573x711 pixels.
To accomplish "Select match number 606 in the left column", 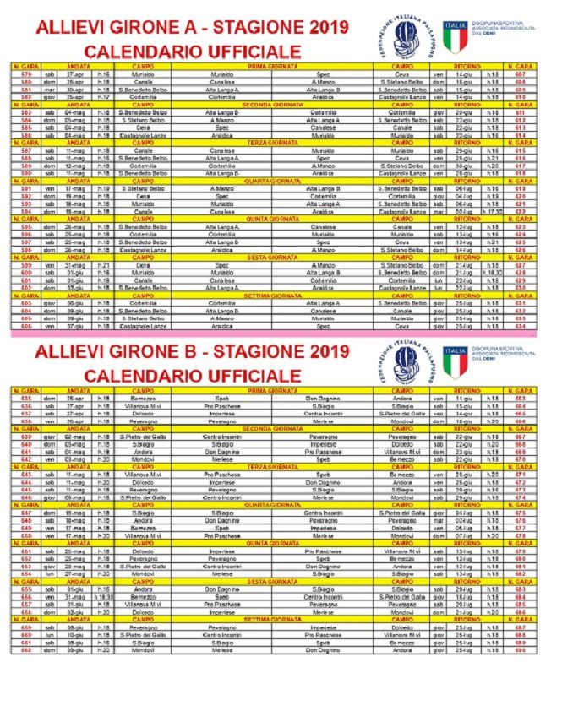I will coord(26,325).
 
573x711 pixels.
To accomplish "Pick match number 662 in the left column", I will coord(26,649).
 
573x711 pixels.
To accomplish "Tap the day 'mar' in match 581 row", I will coord(50,89).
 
